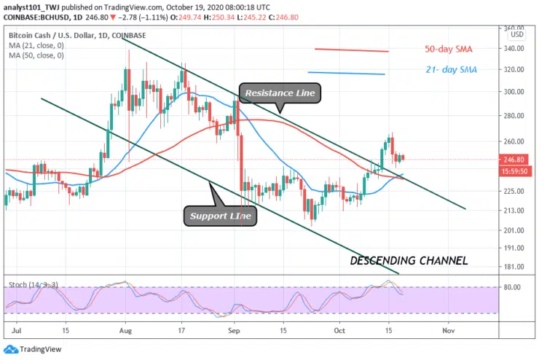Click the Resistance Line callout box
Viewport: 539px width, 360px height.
click(280, 93)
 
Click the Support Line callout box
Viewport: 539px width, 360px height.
click(221, 216)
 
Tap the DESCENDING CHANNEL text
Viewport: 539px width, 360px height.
click(409, 260)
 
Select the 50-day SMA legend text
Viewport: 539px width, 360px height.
click(449, 50)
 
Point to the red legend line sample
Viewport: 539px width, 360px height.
click(351, 50)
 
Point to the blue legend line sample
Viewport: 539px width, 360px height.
click(346, 73)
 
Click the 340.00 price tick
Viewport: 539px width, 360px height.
click(515, 49)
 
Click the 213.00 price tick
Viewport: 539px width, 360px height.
click(515, 211)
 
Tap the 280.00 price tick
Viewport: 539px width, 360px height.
click(515, 116)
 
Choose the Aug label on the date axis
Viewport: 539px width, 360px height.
click(125, 330)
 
